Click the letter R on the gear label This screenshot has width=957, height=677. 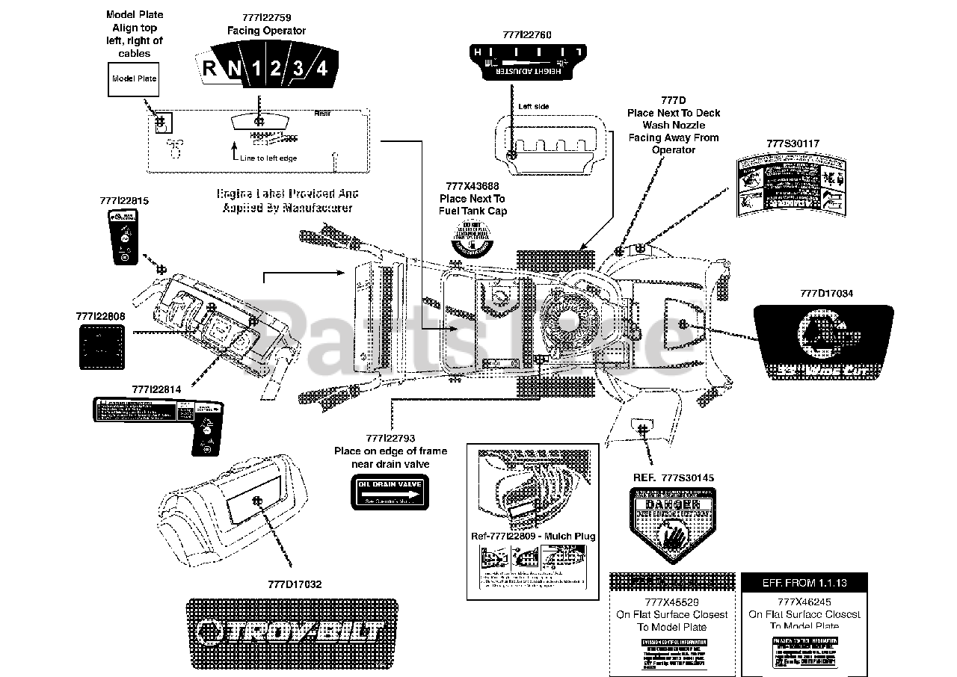tap(210, 69)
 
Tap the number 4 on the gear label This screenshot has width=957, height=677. tap(321, 69)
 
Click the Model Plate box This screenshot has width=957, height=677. tap(134, 78)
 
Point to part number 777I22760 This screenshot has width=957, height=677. tap(527, 34)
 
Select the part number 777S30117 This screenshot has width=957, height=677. tap(793, 143)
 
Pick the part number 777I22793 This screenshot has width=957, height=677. tap(390, 439)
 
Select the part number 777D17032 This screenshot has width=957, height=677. tap(295, 584)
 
